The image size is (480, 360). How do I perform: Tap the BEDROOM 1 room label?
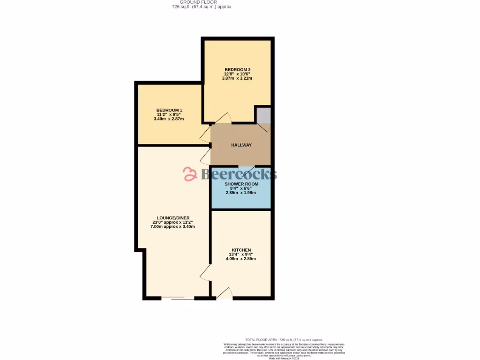[x=169, y=110]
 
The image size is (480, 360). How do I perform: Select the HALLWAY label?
[x=241, y=145]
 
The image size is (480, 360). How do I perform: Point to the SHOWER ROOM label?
[x=241, y=184]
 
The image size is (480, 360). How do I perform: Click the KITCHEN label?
[x=241, y=250]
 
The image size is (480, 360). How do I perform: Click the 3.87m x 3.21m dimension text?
[x=237, y=78]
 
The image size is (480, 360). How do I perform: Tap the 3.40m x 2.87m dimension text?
[x=169, y=119]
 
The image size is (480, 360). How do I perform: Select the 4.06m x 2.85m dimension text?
[x=241, y=258]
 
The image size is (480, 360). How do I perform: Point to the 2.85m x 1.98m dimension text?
[x=241, y=193]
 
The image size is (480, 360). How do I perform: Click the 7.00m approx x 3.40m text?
[x=172, y=226]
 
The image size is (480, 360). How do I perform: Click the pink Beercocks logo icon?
[x=190, y=174]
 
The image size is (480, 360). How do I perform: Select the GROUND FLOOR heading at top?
[x=198, y=2]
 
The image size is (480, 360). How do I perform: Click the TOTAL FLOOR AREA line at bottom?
[x=284, y=339]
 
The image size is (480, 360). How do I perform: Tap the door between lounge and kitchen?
[x=205, y=272]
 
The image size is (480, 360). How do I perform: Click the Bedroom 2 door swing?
[x=220, y=118]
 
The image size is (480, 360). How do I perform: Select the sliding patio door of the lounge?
[x=182, y=298]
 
